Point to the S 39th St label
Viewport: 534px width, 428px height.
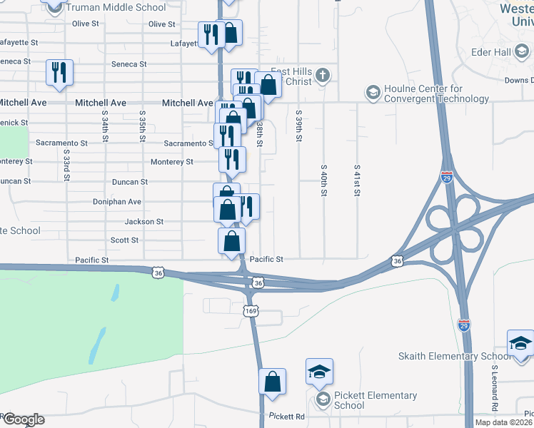298,124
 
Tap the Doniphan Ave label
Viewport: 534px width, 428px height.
117,202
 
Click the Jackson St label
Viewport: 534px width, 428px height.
144,222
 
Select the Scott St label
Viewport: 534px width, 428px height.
124,240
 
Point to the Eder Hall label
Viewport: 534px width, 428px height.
490,52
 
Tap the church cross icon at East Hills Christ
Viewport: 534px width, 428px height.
323,74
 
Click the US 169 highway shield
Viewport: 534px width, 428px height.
251,311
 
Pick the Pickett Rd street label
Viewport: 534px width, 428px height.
287,417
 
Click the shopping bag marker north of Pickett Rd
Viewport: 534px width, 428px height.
272,382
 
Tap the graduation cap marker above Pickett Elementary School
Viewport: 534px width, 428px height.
319,372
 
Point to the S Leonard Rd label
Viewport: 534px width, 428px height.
494,389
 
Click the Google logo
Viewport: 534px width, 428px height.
23,419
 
